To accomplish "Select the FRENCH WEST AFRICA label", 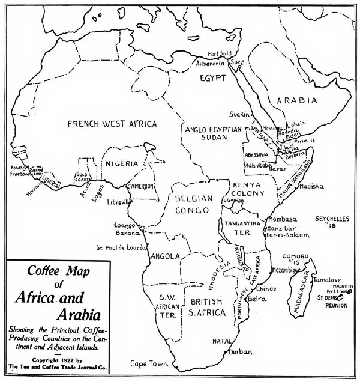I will pyautogui.click(x=112, y=124).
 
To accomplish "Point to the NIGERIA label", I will pyautogui.click(x=122, y=163).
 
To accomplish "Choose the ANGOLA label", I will pyautogui.click(x=166, y=256).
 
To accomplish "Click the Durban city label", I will pyautogui.click(x=240, y=351).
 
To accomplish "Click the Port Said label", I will pyautogui.click(x=220, y=53).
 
